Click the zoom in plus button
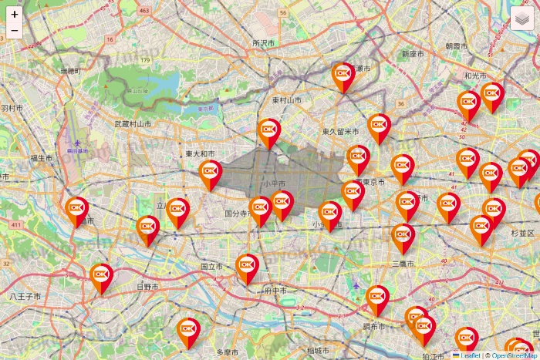point(15,14)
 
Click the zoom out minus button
point(15,31)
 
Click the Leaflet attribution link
point(470,355)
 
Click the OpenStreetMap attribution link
point(515,355)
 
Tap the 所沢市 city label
point(263,44)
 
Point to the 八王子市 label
point(25,296)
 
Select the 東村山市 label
point(286,100)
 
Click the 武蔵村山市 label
point(133,123)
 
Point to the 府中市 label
point(275,291)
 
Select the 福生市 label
point(42,158)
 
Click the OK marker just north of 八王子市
point(101,275)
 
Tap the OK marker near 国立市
point(247,265)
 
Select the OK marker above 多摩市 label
point(187,330)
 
